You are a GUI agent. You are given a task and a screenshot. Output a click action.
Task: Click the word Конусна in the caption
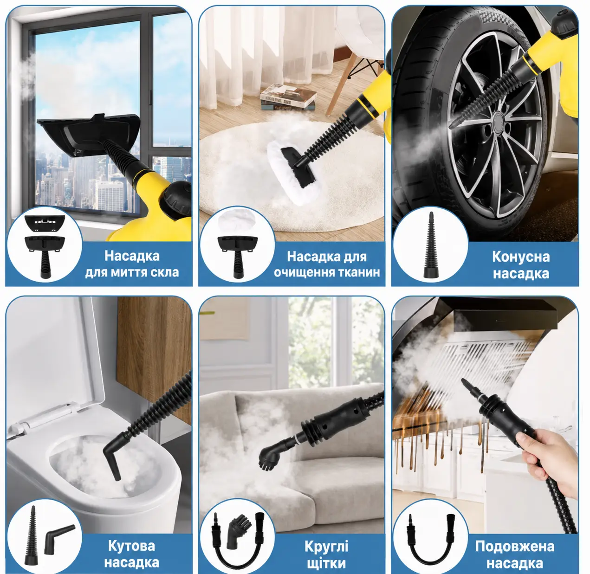tap(520, 257)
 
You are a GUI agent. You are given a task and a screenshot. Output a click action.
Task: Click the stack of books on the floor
tap(288, 97)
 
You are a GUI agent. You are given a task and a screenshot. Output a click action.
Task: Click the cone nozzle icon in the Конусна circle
tap(430, 245)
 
